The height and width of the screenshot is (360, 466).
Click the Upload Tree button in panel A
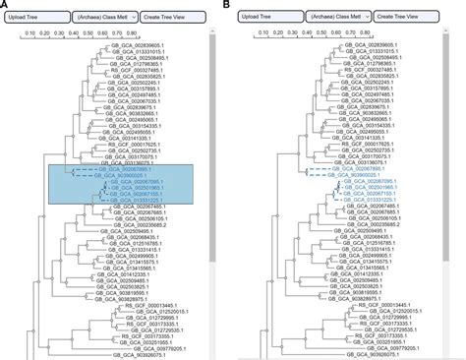(34, 20)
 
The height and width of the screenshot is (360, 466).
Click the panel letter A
(5, 5)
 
